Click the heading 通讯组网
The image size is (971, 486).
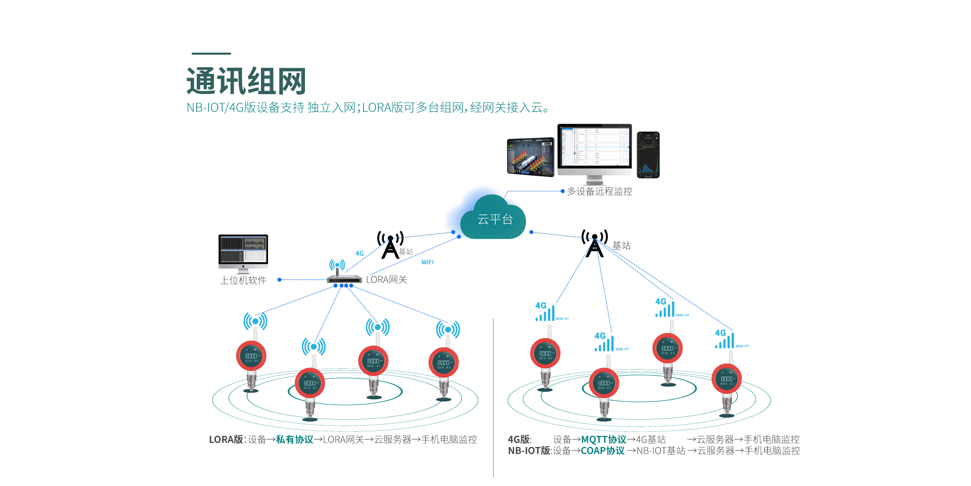click(x=246, y=81)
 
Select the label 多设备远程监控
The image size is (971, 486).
click(x=599, y=191)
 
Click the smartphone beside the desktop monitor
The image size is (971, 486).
click(x=648, y=155)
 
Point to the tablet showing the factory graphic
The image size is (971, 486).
click(x=531, y=156)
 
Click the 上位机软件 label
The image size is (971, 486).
click(x=243, y=280)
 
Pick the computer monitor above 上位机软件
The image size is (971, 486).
click(x=243, y=251)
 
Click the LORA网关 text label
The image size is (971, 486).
click(x=386, y=279)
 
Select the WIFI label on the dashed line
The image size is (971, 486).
click(x=427, y=262)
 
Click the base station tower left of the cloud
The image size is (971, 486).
click(x=390, y=245)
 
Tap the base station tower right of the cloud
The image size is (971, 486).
click(x=595, y=244)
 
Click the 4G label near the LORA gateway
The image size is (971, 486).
click(x=360, y=254)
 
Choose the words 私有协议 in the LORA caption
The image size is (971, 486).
click(x=294, y=439)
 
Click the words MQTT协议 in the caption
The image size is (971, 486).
click(x=603, y=439)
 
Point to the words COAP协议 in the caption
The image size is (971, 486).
click(x=602, y=451)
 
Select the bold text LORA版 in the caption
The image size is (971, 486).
click(x=226, y=439)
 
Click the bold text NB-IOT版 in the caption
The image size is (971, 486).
click(x=529, y=451)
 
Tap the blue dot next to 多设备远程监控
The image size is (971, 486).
click(x=562, y=191)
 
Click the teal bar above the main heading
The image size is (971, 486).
click(x=211, y=53)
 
